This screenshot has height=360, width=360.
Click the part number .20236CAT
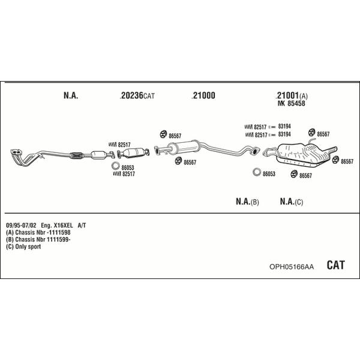[137, 95]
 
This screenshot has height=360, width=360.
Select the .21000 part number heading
[203, 95]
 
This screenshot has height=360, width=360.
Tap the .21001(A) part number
[292, 95]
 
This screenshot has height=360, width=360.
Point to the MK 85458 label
[292, 103]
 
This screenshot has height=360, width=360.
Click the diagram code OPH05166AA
[292, 267]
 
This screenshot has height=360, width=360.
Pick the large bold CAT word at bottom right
[335, 265]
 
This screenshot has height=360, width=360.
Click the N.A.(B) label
[247, 202]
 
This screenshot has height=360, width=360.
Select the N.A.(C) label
[292, 202]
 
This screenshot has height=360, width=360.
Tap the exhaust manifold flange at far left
[16, 152]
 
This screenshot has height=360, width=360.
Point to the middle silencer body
[184, 147]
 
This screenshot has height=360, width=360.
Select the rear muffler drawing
[303, 154]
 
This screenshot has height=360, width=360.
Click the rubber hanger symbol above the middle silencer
[163, 134]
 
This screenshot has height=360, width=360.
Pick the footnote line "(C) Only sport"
[23, 247]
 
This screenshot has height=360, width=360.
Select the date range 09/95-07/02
[21, 225]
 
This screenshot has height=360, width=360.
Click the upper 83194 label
[284, 126]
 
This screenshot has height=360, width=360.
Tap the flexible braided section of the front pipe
[76, 155]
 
